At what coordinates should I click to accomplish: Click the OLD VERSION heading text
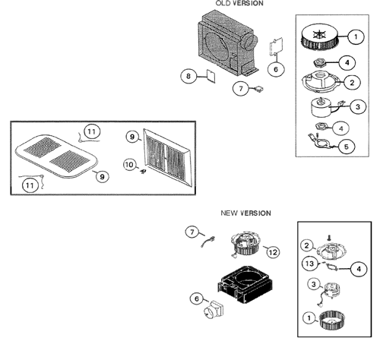pos(239,3)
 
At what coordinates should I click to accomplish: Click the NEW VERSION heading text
pos(245,213)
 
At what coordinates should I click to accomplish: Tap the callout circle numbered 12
pos(273,252)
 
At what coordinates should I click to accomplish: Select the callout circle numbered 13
pos(309,264)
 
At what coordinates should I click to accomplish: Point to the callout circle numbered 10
pos(129,165)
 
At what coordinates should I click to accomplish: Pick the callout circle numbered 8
pos(188,76)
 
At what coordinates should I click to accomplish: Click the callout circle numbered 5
pos(347,147)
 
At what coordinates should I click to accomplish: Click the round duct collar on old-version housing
pos(249,42)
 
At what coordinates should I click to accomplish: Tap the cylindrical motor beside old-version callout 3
pos(321,107)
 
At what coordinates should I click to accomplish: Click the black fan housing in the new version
pos(245,284)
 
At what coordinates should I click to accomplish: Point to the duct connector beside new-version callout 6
pos(214,309)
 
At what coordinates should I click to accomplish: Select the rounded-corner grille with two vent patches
pos(57,155)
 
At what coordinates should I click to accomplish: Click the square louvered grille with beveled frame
pos(167,157)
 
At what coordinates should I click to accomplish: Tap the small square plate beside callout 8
pos(211,76)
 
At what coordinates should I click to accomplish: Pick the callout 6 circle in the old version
pos(276,69)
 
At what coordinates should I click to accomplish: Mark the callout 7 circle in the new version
pos(192,232)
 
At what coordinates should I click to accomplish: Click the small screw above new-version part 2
pos(329,238)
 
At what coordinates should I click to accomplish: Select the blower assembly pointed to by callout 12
pos(245,244)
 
